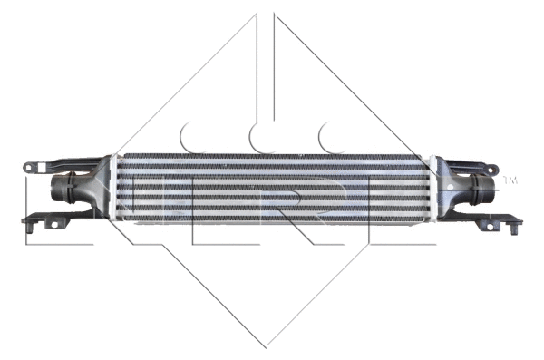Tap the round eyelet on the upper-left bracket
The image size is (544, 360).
tap(31, 168)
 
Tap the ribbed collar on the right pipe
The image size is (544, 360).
tap(478, 191)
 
